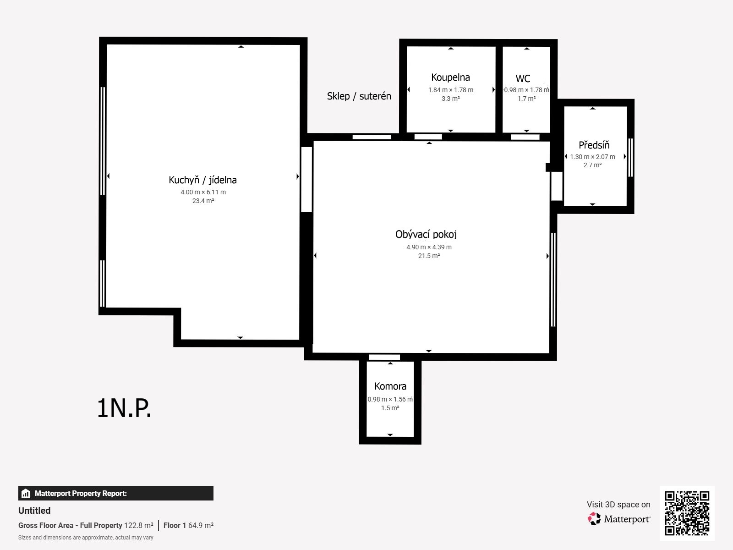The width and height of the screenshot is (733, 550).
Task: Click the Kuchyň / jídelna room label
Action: (202, 180)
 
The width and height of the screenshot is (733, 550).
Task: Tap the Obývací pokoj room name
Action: (426, 234)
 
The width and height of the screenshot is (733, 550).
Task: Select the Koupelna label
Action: (450, 77)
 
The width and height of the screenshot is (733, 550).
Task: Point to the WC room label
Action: (523, 78)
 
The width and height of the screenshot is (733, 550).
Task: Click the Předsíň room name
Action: (594, 145)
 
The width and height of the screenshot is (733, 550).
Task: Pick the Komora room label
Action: (390, 386)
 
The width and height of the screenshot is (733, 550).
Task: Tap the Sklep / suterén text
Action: (359, 96)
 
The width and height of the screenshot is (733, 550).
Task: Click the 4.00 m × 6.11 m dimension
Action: (203, 192)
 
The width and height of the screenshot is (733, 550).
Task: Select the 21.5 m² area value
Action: (429, 256)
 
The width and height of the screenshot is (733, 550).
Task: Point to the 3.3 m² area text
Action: (450, 99)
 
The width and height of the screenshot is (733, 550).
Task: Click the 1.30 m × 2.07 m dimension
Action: (592, 157)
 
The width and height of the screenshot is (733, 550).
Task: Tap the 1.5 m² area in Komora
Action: (390, 408)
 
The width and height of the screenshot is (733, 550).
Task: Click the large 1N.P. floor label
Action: (124, 408)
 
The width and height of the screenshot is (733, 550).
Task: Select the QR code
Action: (687, 513)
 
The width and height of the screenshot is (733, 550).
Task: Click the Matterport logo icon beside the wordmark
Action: (594, 519)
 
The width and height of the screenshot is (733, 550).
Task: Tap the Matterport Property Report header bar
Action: (115, 493)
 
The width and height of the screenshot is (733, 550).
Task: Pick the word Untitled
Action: (34, 511)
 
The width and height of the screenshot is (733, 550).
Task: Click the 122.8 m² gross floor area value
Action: (139, 525)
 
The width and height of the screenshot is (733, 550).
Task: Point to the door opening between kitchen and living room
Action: (306, 180)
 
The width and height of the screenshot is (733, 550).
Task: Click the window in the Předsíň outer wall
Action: (630, 157)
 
